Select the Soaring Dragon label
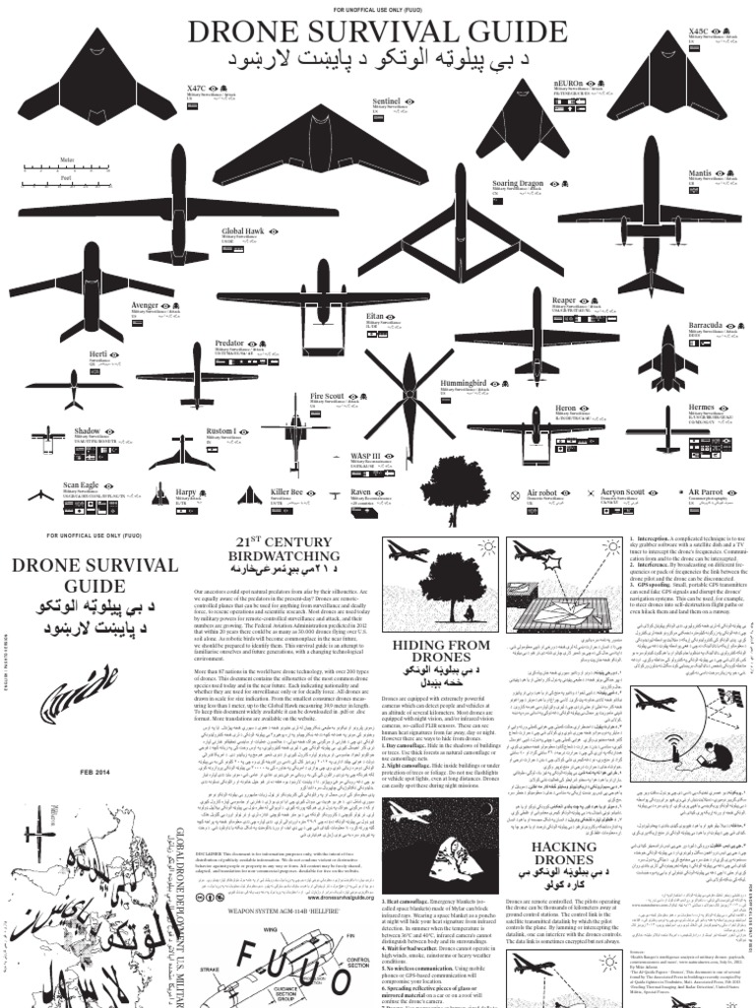[518, 183]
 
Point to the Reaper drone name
[564, 300]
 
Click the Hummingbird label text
[465, 382]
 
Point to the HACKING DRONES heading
[565, 853]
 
